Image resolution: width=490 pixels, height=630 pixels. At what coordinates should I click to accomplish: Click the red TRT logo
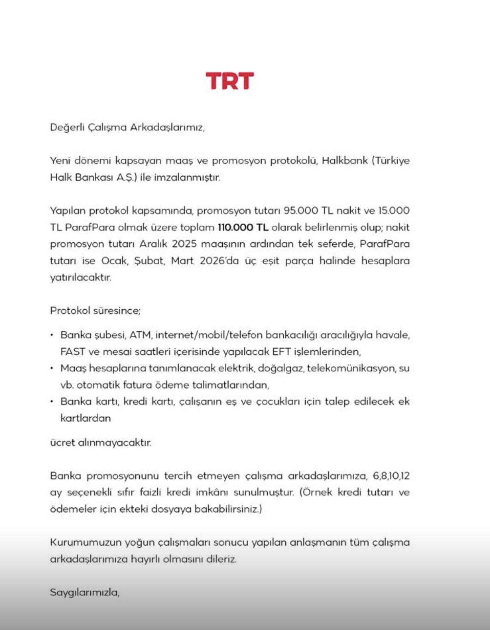pyautogui.click(x=230, y=81)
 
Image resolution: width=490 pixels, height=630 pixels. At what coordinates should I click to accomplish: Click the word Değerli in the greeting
pyautogui.click(x=67, y=127)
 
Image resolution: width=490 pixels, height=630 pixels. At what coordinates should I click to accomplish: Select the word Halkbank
pyautogui.click(x=345, y=160)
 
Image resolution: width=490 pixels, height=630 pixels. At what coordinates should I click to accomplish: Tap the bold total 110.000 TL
pyautogui.click(x=243, y=227)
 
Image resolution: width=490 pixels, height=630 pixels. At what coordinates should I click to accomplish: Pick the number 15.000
pyautogui.click(x=394, y=211)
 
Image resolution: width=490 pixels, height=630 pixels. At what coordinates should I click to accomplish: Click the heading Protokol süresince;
pyautogui.click(x=95, y=311)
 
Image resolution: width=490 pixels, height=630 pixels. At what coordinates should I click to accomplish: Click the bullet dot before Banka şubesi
pyautogui.click(x=52, y=335)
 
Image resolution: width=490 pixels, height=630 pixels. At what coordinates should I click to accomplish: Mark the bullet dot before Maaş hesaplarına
pyautogui.click(x=52, y=368)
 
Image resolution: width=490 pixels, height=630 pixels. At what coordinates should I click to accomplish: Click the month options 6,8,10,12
pyautogui.click(x=391, y=476)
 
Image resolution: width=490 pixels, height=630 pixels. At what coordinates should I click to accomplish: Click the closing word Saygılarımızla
pyautogui.click(x=85, y=592)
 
